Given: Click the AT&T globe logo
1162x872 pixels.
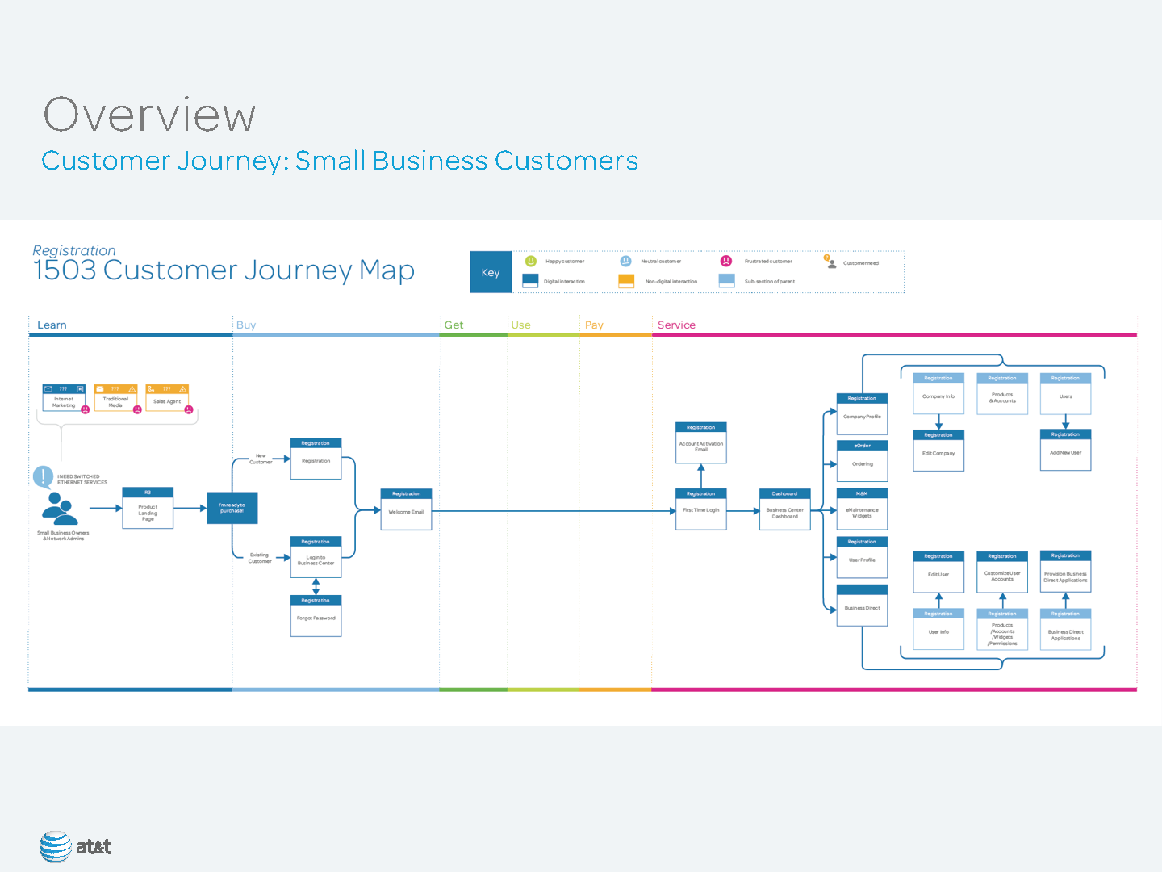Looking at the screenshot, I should pos(56,846).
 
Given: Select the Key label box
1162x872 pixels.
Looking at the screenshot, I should pos(491,272).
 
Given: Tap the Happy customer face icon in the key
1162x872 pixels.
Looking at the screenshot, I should pos(531,261).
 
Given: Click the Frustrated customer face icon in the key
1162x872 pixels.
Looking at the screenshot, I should pos(726,261).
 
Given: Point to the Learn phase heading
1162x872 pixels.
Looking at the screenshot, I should pos(52,325).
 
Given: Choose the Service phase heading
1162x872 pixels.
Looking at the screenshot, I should pos(676,325).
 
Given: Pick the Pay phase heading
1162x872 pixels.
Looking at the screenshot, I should pos(594,325).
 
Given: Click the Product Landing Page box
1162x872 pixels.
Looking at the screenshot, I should pos(148,509).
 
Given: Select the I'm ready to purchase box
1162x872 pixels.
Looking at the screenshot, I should pos(232,508).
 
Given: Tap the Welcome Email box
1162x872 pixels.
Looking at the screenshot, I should pos(406,509).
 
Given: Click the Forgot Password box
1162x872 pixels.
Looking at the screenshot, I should pos(316,616).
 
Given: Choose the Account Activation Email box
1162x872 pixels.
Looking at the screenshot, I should pos(700,443).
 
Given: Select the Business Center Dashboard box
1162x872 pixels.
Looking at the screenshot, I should pos(784,509).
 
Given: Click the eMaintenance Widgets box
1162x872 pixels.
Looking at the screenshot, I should pos(862,509).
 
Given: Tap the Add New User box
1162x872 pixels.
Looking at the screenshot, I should pos(1065,451).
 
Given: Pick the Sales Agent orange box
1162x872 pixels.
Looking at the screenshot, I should pos(167,398).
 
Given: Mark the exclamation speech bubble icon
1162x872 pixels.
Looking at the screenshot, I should pos(43,476).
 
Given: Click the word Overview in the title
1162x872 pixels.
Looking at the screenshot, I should pos(149,114).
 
